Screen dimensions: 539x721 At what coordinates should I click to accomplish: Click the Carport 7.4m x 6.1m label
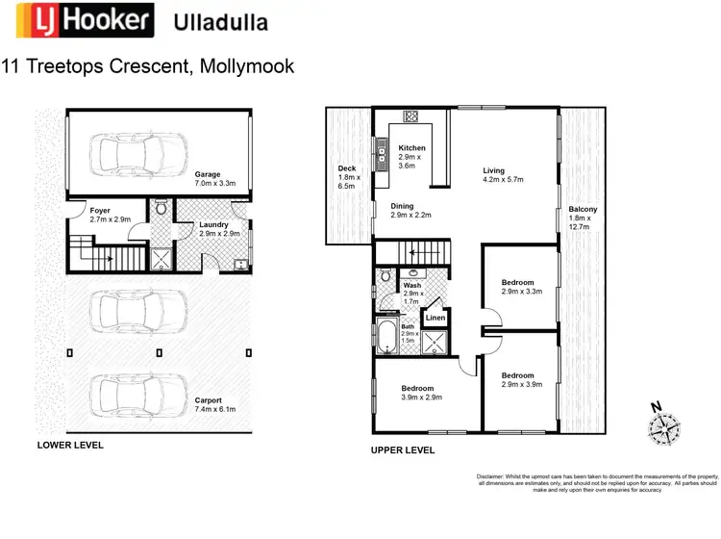(215, 404)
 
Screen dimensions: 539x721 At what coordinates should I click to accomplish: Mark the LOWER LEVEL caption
(70, 446)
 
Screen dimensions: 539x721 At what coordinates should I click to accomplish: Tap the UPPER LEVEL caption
(403, 449)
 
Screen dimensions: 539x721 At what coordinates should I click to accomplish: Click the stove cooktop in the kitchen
(411, 116)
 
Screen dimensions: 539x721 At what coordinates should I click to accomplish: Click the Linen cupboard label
(435, 317)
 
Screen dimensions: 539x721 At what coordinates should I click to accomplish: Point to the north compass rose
(664, 424)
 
